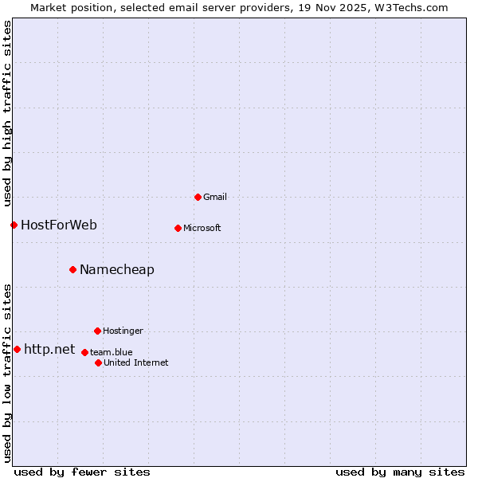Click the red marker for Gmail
click(198, 197)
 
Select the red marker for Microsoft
click(178, 228)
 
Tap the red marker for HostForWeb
click(14, 225)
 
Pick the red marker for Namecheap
click(72, 269)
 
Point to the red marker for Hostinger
click(97, 331)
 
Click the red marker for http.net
click(17, 349)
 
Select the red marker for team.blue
click(84, 352)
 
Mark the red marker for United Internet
click(98, 362)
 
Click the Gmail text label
click(215, 197)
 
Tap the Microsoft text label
click(202, 228)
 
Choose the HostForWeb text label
click(59, 225)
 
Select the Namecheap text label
click(117, 269)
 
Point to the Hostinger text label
click(123, 331)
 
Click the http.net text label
click(49, 349)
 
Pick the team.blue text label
click(112, 352)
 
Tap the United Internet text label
click(136, 362)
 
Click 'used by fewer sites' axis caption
click(82, 472)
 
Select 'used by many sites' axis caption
click(400, 472)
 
